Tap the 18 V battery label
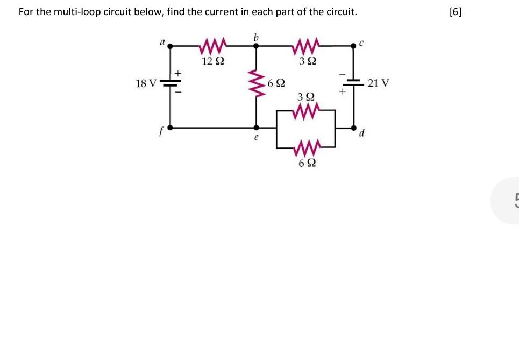[146, 83]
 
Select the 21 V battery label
[379, 83]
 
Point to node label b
[256, 37]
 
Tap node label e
[256, 138]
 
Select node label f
[160, 132]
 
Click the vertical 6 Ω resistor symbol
[256, 84]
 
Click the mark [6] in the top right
[455, 12]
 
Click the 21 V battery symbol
[354, 83]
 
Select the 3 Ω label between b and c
[307, 61]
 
